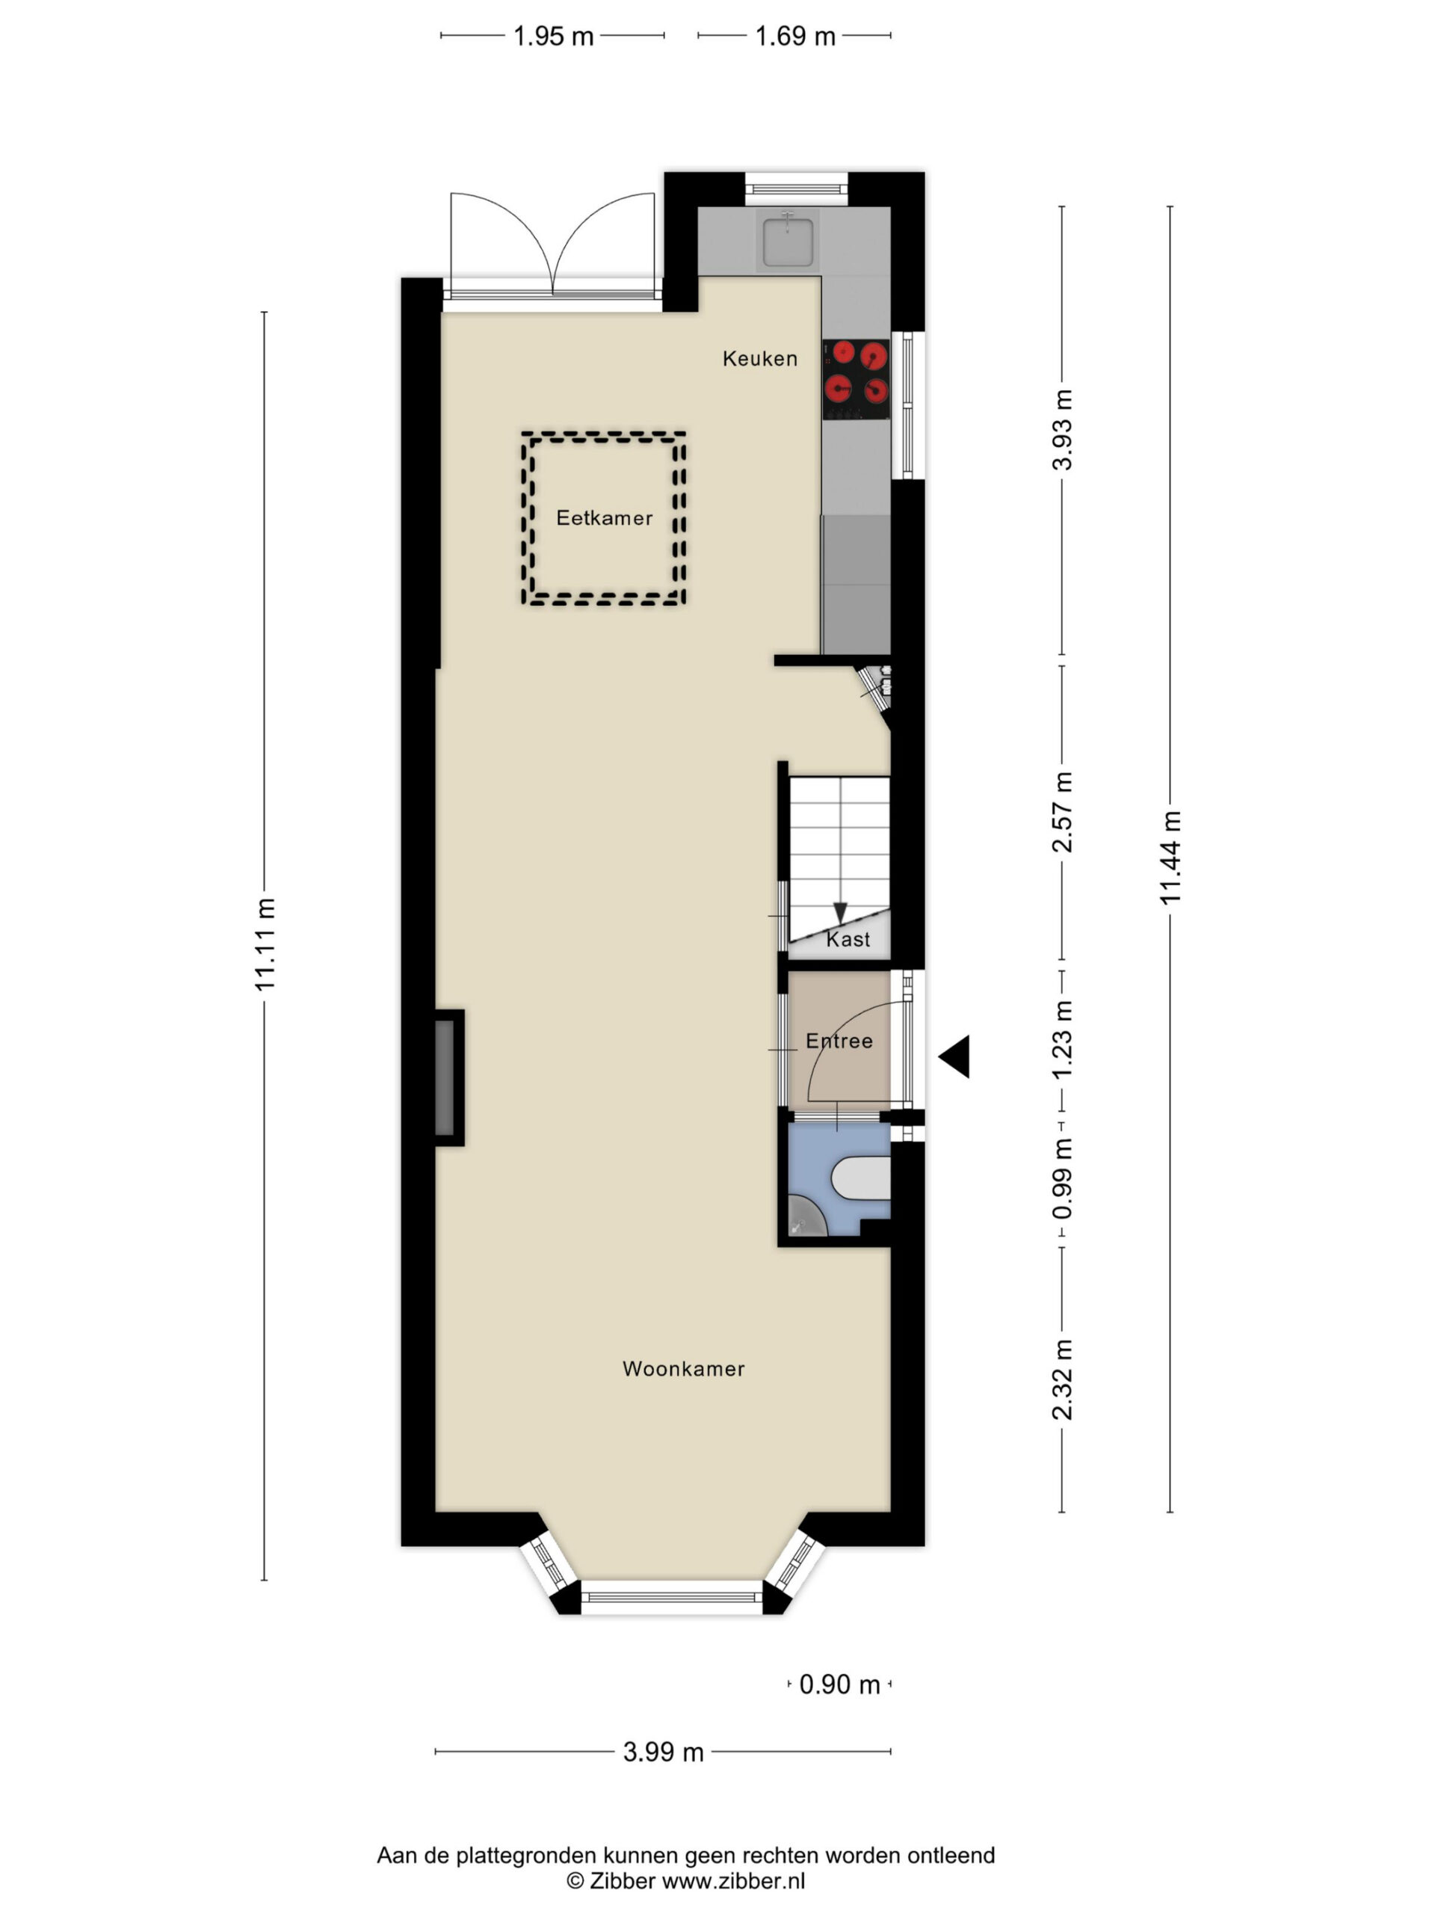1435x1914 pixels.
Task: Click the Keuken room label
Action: coord(759,358)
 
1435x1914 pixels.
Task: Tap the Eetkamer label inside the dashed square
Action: coord(604,517)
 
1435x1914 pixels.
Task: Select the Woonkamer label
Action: coord(683,1368)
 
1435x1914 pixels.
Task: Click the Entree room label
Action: coord(839,1040)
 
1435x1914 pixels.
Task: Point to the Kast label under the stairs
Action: coord(848,939)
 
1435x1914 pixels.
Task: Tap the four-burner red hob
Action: coord(857,379)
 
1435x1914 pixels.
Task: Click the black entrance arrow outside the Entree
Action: coord(954,1056)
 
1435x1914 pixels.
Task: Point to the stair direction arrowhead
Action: coord(840,912)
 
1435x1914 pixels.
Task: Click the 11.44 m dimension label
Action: coord(1170,858)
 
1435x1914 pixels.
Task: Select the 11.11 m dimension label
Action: coord(264,944)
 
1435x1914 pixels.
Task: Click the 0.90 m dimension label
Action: coord(839,1684)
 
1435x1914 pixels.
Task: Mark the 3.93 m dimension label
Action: coord(1061,430)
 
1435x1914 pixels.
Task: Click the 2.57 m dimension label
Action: coord(1061,812)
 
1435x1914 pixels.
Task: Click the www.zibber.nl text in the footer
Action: coord(733,1880)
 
